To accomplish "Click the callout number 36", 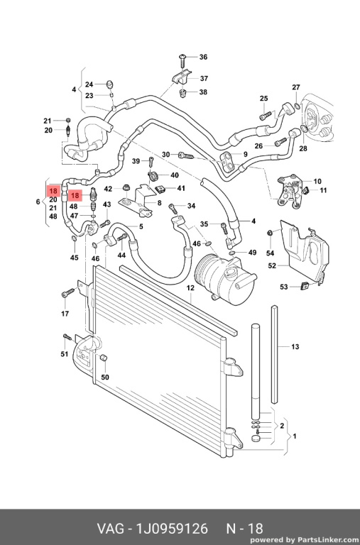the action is point(203,57).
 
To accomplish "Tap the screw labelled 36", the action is point(182,61).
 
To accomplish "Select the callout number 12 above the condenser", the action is point(190,288).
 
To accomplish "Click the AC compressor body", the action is point(225,278).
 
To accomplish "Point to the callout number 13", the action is point(295,346).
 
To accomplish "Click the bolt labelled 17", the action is point(68,292).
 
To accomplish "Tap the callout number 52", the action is point(272,265).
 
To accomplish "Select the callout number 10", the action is point(317,181).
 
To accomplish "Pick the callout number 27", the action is point(295,87).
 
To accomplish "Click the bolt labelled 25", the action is point(265,114).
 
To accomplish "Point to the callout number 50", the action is point(104,377).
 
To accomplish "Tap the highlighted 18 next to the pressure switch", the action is point(75,196).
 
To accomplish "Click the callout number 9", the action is point(245,154).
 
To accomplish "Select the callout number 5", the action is point(141,226).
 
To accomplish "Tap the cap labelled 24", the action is point(110,84).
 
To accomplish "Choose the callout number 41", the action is point(181,188).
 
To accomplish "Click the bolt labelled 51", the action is point(67,336).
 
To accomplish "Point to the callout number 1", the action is point(294,436).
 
